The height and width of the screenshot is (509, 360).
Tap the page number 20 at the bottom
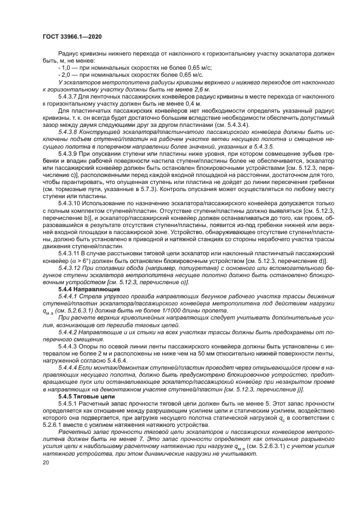45,462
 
